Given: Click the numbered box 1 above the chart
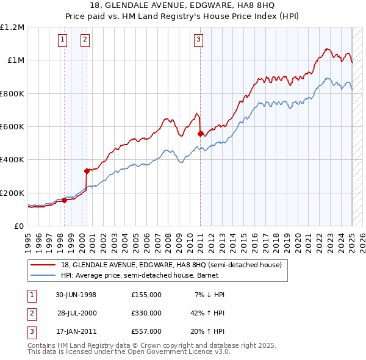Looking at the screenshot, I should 63,40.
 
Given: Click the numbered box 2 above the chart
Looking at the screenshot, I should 85,40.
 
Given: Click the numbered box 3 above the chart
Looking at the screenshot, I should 199,40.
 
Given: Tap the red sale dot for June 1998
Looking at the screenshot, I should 64,200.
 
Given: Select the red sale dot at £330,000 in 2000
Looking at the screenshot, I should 87,171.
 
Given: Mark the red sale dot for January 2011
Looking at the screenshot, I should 200,134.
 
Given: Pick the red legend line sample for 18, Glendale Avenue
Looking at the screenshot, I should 42,265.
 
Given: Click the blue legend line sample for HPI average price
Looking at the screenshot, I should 42,275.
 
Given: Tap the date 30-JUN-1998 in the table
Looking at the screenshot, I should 76,295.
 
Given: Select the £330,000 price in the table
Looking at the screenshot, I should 146,313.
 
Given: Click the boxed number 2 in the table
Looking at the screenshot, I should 30,313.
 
